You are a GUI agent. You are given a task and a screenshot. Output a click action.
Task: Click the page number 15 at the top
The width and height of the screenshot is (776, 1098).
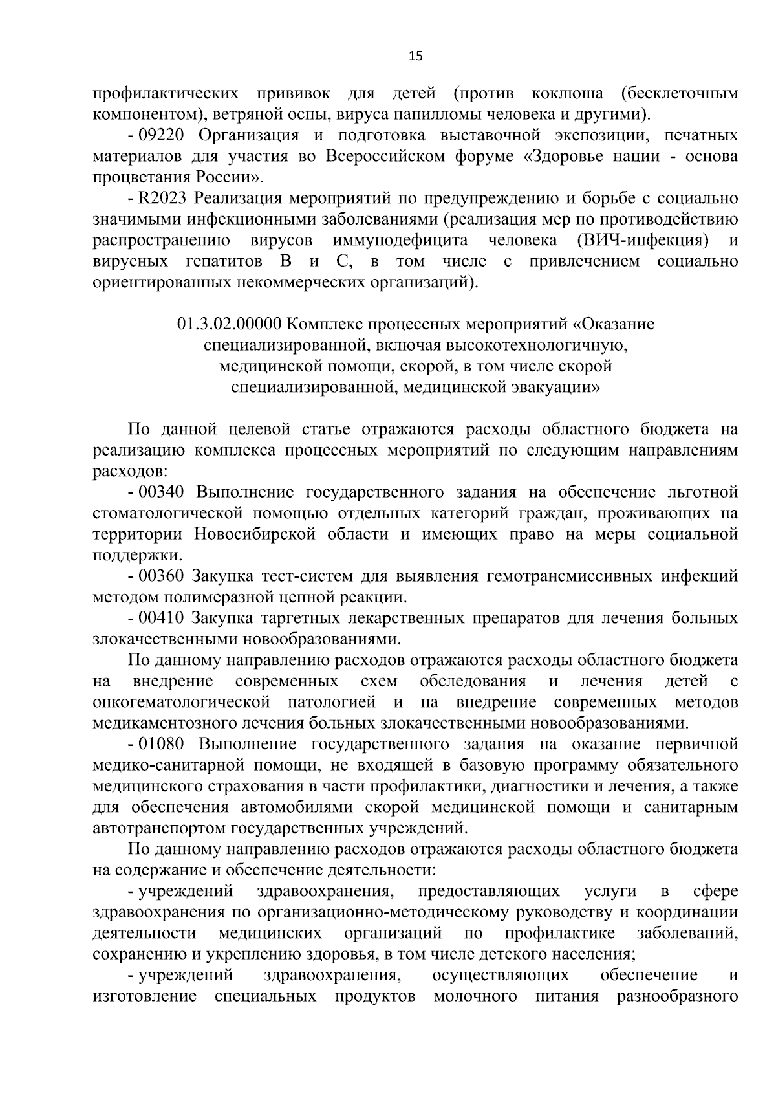(x=415, y=56)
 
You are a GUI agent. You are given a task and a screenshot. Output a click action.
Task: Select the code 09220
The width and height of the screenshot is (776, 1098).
(x=162, y=135)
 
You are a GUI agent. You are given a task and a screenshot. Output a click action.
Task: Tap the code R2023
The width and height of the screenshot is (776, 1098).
(x=162, y=199)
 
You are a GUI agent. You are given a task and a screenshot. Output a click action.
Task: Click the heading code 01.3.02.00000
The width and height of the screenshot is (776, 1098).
(x=229, y=324)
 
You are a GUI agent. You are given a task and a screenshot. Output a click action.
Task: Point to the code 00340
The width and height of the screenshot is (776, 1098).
(x=162, y=492)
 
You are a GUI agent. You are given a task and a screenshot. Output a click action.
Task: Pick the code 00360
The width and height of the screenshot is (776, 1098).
(x=162, y=576)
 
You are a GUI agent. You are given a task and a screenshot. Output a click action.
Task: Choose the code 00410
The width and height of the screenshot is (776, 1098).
(x=162, y=619)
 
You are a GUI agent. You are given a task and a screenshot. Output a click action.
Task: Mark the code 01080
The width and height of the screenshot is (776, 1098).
(x=162, y=745)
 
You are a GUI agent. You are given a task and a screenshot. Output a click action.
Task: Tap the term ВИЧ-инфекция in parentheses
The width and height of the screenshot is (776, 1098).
(x=640, y=241)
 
